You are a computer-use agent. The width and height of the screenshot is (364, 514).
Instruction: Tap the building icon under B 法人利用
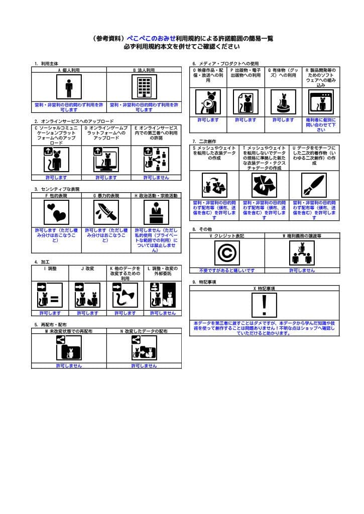tap(144, 88)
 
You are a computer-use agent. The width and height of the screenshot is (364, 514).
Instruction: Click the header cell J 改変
tap(87, 269)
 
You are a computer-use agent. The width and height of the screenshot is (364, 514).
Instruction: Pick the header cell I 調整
tap(50, 269)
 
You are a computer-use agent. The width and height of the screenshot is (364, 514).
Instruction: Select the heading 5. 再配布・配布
tap(50, 325)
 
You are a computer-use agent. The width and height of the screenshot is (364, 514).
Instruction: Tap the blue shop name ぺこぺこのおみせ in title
tap(151, 38)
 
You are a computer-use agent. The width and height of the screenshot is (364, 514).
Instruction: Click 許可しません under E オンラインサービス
tap(156, 177)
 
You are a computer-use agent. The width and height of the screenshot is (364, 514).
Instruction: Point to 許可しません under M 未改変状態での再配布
tap(69, 366)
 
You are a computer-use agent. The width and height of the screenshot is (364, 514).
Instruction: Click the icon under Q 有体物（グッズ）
tap(283, 102)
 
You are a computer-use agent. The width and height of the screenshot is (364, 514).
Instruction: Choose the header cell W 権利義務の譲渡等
tap(302, 235)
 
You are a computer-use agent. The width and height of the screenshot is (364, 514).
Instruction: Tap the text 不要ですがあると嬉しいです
tap(226, 270)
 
